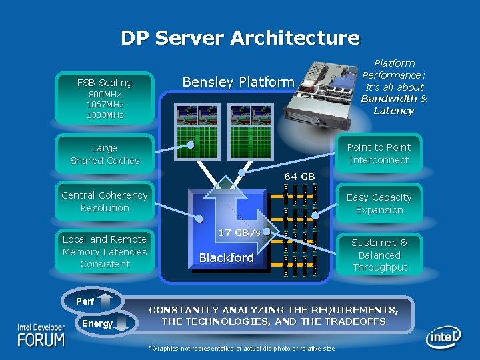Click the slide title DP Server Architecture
(240, 38)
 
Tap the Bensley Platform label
(238, 82)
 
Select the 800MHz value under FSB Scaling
(105, 95)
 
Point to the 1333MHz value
(105, 115)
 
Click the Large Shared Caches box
(105, 154)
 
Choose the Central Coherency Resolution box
(105, 201)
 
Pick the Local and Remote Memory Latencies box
(105, 251)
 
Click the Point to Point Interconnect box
(379, 153)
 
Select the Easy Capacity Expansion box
(379, 203)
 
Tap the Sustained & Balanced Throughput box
(379, 255)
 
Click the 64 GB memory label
(299, 177)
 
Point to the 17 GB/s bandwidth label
(239, 232)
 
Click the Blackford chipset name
(227, 258)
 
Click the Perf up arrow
(110, 301)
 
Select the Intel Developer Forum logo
(41, 335)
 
